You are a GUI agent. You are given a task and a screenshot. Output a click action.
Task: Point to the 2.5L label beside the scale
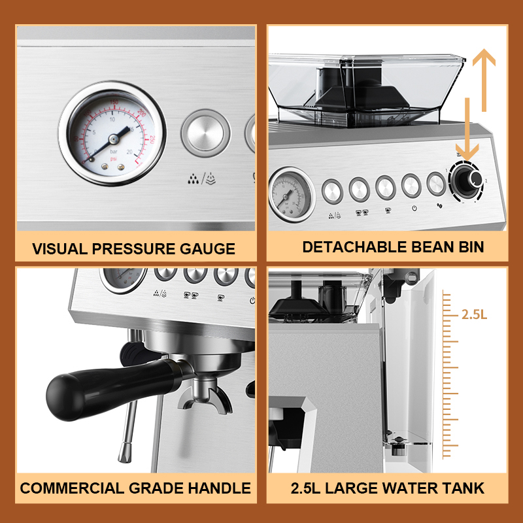pos(474,314)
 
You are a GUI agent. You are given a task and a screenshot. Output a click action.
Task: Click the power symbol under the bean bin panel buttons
pos(414,209)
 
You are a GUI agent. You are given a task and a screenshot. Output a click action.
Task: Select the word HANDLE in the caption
pos(218,488)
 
